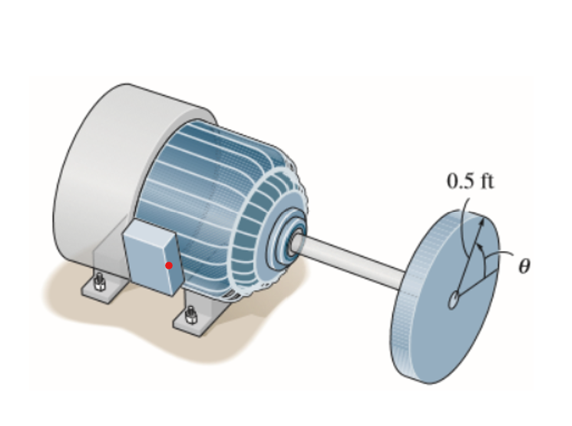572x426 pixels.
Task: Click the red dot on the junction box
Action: pos(169,266)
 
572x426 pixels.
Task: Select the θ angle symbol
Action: pos(524,266)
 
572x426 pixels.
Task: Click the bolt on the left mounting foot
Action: pos(98,281)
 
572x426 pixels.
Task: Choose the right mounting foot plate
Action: pos(192,322)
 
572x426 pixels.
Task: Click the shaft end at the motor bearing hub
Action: pos(295,244)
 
